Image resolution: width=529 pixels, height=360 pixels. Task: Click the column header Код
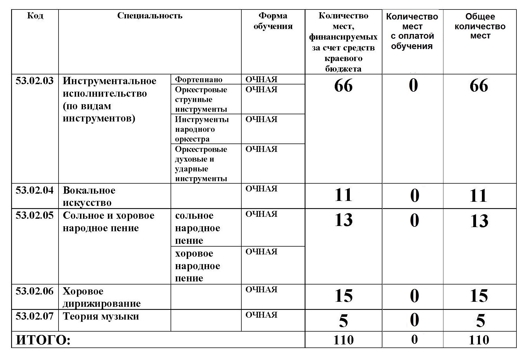point(35,15)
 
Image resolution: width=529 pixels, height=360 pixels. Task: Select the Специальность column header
point(150,16)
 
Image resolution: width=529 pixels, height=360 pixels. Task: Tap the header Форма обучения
point(273,21)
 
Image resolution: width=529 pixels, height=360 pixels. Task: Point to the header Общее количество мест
point(480,26)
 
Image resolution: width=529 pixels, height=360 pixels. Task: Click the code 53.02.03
point(35,81)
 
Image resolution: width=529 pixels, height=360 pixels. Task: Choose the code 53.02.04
point(35,190)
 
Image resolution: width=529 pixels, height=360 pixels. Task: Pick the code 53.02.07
point(35,316)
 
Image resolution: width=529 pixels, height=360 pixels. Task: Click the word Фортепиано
point(198,80)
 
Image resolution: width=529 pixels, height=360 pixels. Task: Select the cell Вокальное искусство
point(89,196)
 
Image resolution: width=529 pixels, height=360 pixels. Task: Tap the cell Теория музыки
point(101,317)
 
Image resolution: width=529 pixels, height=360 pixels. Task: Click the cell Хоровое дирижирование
point(101,297)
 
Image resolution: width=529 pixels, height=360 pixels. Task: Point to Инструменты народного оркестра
point(202,129)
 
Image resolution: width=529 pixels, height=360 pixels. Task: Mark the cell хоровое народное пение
point(197,266)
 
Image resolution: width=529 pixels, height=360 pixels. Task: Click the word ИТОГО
point(43,340)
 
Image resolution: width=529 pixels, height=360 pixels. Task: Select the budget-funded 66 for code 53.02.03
point(343,86)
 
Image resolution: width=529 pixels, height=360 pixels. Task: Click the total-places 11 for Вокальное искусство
point(479,195)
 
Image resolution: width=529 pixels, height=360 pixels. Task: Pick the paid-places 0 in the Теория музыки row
point(414,320)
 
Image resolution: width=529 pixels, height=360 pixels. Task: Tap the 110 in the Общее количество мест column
point(479,340)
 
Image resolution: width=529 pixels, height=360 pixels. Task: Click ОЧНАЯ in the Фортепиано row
point(261,80)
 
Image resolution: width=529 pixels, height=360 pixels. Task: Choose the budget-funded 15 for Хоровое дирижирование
point(344,296)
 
